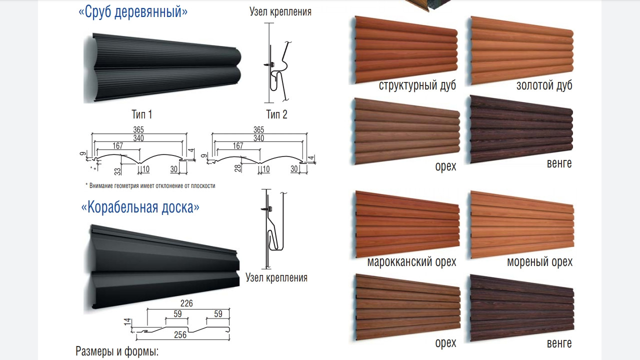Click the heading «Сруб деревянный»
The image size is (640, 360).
click(x=133, y=12)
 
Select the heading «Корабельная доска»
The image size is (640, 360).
click(x=140, y=207)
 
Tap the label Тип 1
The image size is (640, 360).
click(x=142, y=114)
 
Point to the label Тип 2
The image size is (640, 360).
click(x=277, y=114)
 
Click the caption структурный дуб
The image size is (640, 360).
click(x=417, y=85)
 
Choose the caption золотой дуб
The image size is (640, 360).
click(x=544, y=85)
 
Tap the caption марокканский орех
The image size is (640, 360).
click(x=411, y=262)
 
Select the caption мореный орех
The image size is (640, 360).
click(x=539, y=262)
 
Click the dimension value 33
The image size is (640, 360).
click(x=117, y=170)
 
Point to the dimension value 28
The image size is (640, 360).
click(x=238, y=168)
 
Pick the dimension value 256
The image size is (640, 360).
click(x=179, y=335)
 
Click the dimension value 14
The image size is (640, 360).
click(x=127, y=323)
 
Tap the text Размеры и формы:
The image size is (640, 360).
click(x=117, y=351)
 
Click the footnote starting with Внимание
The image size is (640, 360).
click(x=150, y=186)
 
